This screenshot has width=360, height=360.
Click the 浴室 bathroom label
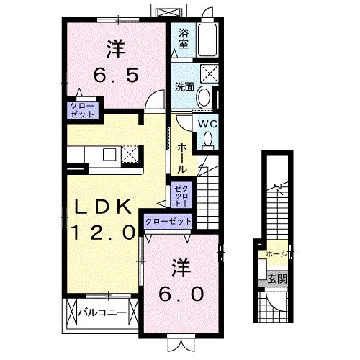(x=184, y=38)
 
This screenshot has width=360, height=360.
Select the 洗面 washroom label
(x=184, y=87)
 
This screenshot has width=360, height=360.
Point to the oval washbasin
(x=204, y=96)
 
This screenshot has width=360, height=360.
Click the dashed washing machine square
(x=210, y=72)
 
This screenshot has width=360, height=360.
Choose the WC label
(x=207, y=123)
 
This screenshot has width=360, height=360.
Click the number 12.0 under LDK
(x=102, y=232)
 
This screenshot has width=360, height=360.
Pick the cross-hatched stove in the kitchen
(x=130, y=154)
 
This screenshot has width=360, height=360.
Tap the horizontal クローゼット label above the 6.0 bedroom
(x=168, y=222)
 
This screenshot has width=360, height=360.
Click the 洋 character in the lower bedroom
(x=181, y=266)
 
